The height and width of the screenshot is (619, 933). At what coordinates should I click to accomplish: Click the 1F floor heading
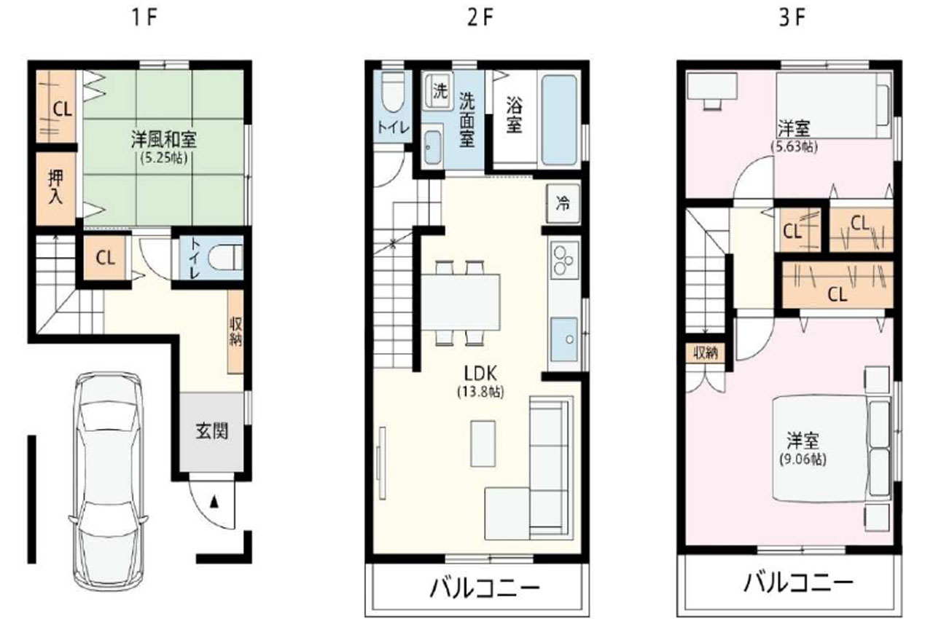[144, 18]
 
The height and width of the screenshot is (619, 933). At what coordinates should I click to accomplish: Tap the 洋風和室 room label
[164, 139]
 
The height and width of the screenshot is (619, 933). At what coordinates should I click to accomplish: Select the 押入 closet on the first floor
[56, 189]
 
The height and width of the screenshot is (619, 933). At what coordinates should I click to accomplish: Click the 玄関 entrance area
[211, 431]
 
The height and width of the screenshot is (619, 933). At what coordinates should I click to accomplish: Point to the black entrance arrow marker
[214, 502]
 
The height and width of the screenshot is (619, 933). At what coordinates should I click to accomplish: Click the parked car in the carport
[108, 481]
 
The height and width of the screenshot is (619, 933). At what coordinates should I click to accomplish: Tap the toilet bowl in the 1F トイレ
[225, 259]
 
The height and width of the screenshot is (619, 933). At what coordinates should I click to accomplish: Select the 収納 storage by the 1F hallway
[235, 331]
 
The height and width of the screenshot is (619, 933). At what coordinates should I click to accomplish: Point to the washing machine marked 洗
[438, 92]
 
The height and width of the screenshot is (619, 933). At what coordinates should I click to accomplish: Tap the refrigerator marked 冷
[563, 204]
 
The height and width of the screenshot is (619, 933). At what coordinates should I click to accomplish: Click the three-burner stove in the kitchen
[564, 260]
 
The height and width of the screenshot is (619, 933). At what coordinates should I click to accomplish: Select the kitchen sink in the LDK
[564, 340]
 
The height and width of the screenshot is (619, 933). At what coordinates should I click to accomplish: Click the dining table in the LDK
[461, 302]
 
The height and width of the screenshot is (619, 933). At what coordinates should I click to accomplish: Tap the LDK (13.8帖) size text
[480, 392]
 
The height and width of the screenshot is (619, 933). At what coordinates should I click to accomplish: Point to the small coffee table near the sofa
[483, 443]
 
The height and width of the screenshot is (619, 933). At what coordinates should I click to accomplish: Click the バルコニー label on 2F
[485, 588]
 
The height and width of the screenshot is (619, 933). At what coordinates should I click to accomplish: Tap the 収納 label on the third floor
[705, 353]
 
